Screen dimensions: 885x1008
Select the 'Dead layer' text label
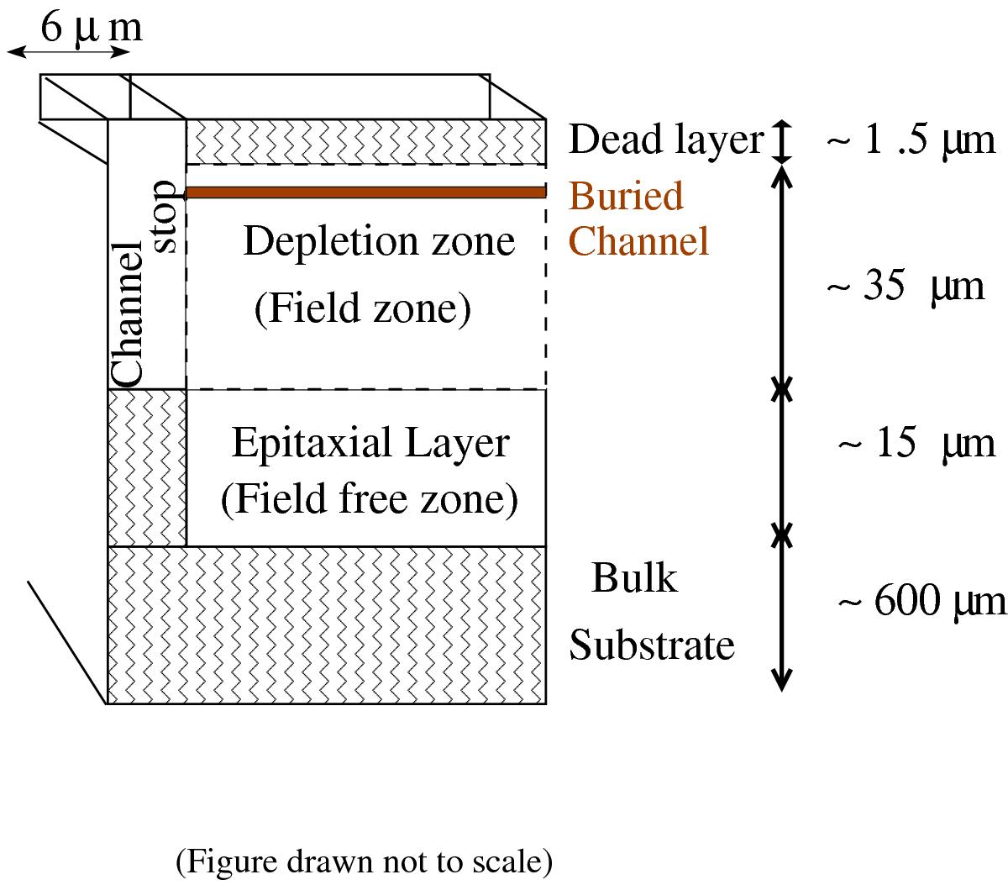pos(665,140)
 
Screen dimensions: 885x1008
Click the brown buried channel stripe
pos(365,192)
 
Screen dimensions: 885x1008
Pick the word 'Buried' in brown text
pos(626,196)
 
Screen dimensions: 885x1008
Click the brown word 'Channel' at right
pos(639,241)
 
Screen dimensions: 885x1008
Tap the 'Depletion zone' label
pos(378,241)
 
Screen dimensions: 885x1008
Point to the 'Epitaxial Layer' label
pos(370,443)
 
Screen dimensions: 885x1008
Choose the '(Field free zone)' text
pos(369,499)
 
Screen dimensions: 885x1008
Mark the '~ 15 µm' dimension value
pos(916,442)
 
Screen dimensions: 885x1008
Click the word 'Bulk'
pos(633,578)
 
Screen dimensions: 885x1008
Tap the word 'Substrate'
pos(652,645)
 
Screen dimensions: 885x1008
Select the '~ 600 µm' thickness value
pos(920,601)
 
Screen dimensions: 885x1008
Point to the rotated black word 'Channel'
pos(129,313)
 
